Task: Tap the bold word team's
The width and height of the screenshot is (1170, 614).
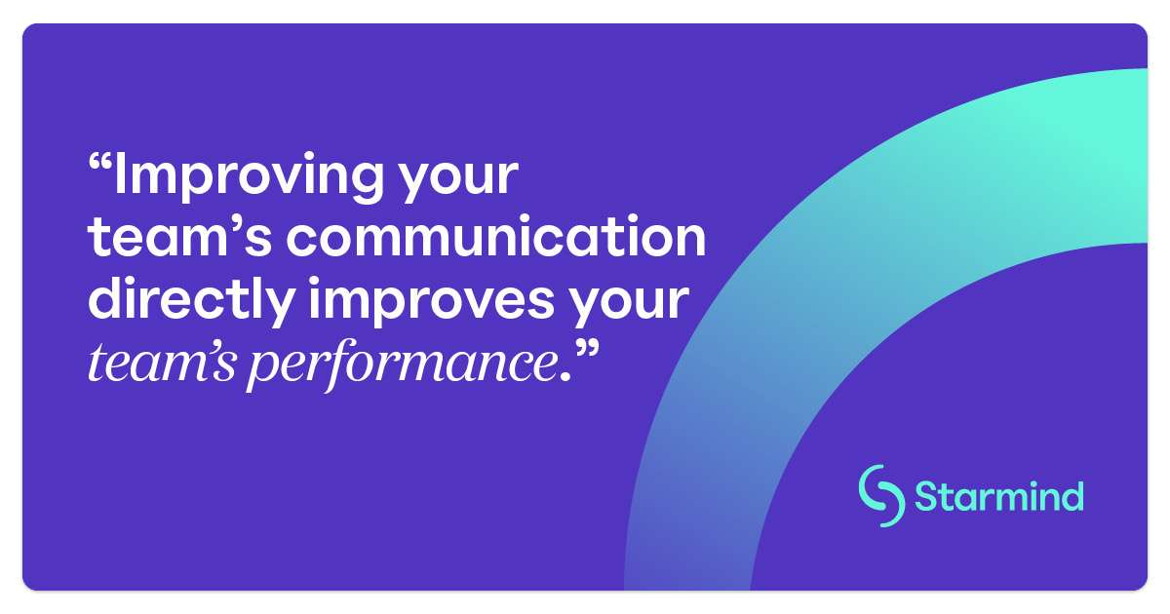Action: click(179, 237)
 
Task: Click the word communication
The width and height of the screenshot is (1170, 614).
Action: click(496, 236)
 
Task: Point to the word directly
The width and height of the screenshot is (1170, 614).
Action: click(191, 300)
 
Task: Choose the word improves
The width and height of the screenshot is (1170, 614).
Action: click(431, 300)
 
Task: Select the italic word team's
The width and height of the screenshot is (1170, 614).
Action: click(162, 362)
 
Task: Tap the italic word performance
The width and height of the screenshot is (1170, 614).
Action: click(402, 365)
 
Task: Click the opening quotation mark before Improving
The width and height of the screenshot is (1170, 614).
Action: click(100, 164)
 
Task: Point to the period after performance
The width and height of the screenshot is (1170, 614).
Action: click(565, 376)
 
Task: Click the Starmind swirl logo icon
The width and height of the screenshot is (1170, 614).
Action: click(881, 496)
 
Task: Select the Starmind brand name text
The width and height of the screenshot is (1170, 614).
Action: click(999, 496)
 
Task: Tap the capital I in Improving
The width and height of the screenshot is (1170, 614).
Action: click(120, 173)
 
